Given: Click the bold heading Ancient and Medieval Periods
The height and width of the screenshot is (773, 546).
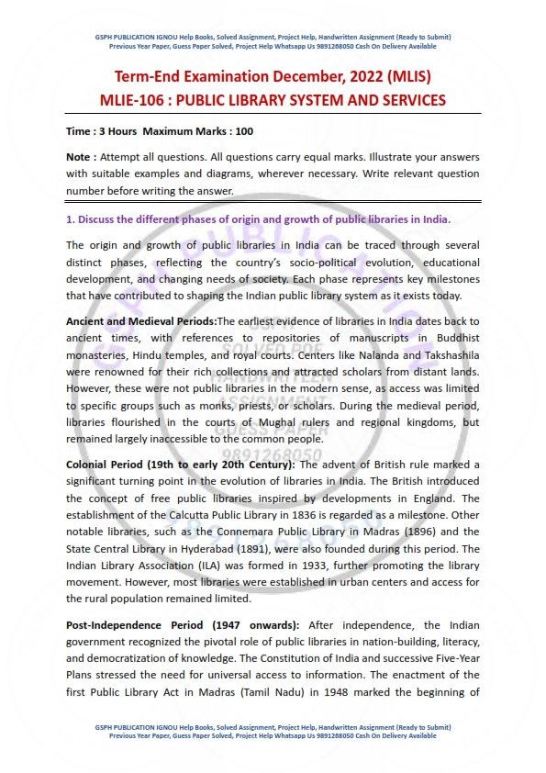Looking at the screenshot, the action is click(x=141, y=321).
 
